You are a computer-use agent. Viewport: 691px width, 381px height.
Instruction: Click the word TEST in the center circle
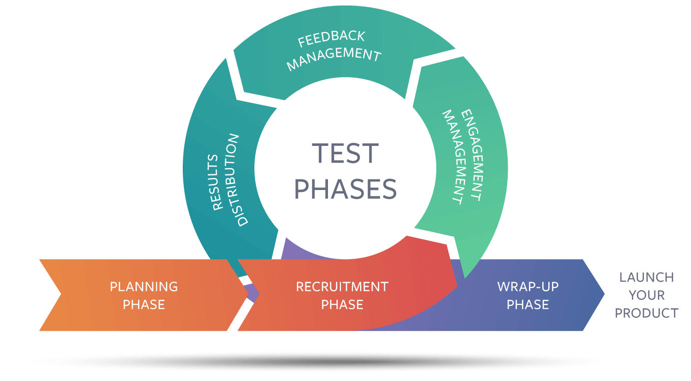click(345, 154)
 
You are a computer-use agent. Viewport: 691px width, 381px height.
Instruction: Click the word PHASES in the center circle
click(345, 189)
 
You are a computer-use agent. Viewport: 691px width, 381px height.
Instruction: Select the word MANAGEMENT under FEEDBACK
click(333, 58)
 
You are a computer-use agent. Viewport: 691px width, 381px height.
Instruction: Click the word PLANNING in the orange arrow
click(144, 287)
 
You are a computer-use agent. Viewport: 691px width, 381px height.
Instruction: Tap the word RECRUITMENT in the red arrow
click(342, 287)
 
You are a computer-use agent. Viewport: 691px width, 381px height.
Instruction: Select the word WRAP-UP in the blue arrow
click(528, 287)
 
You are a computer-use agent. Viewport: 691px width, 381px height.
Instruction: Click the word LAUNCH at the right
click(646, 277)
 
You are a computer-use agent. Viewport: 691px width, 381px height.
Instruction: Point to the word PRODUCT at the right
click(646, 313)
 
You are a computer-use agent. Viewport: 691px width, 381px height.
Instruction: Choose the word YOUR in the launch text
click(646, 295)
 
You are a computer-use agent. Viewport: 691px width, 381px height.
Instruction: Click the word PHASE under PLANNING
click(144, 304)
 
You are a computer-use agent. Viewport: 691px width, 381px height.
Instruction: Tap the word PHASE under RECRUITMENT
click(342, 304)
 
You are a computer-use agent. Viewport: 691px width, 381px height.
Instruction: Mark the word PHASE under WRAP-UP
click(528, 304)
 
